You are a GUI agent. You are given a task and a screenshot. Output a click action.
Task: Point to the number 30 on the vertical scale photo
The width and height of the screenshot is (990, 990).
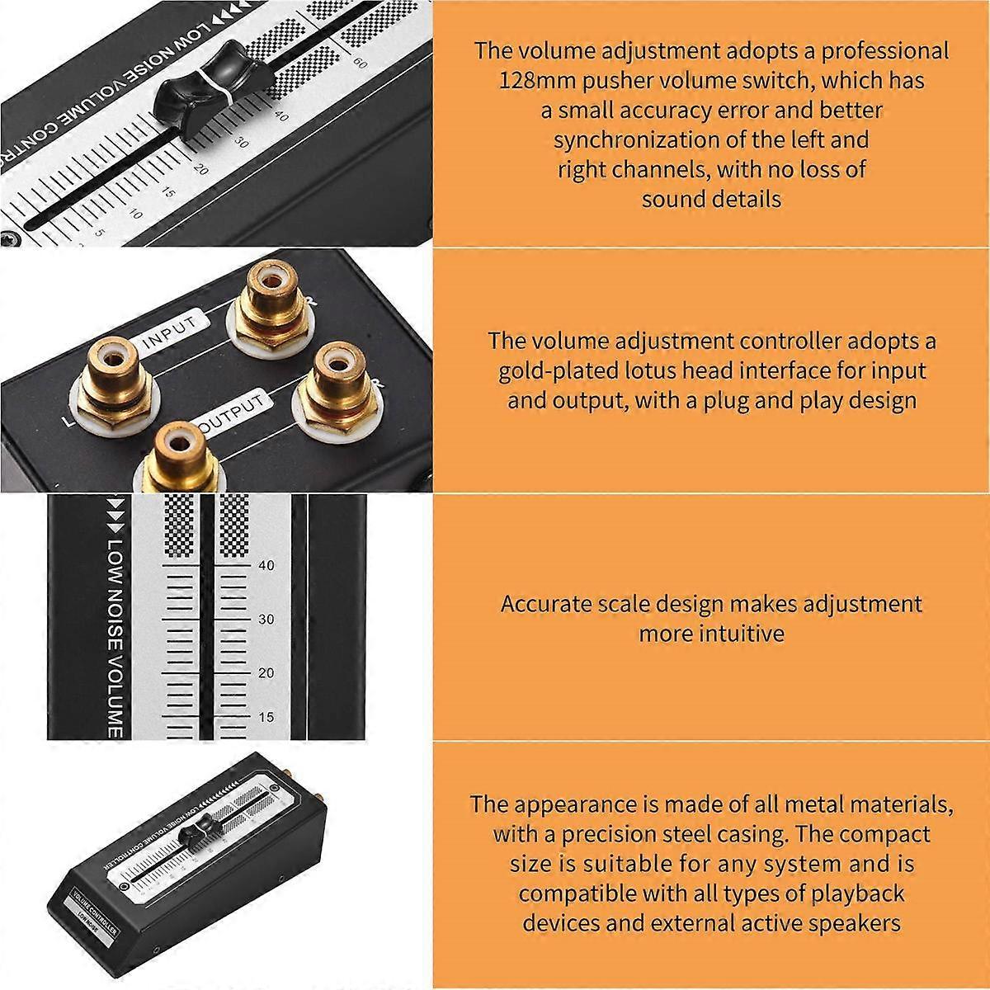click(x=266, y=620)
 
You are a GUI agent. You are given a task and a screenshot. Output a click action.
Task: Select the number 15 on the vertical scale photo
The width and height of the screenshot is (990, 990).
click(x=266, y=717)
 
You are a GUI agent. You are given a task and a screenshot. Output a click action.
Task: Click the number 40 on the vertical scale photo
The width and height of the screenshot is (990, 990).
click(x=266, y=566)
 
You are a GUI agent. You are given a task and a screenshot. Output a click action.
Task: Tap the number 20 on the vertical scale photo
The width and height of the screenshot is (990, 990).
click(x=266, y=673)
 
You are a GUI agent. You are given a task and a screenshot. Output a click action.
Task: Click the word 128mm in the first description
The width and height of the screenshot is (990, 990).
click(x=533, y=81)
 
